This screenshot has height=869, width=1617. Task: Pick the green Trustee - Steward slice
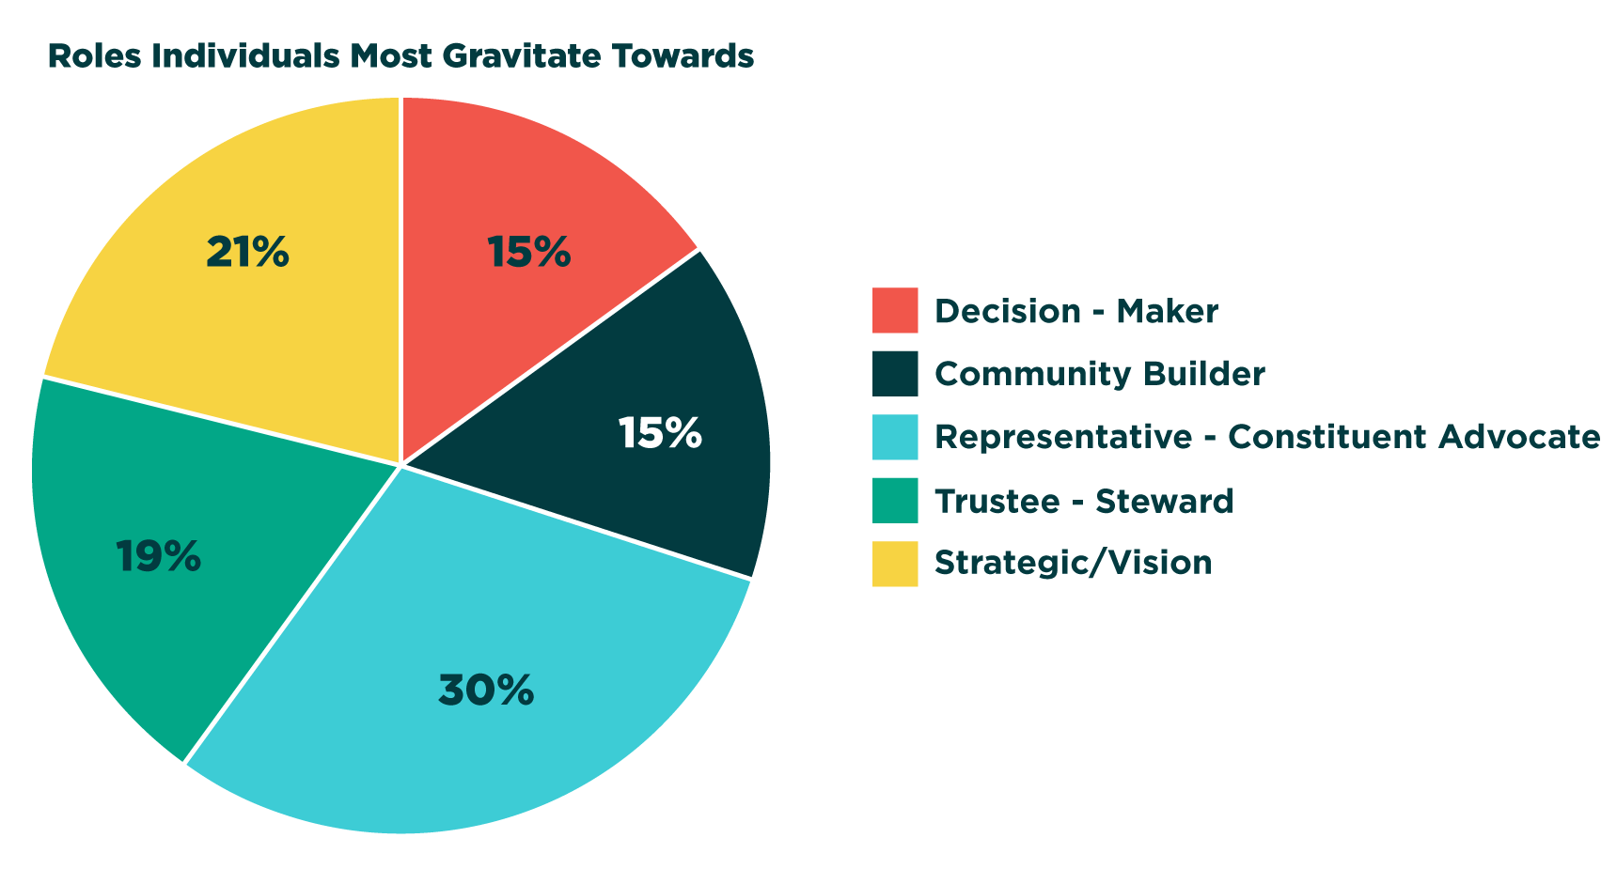tap(160, 554)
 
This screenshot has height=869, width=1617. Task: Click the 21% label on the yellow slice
tap(247, 252)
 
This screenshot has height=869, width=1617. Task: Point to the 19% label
tap(158, 557)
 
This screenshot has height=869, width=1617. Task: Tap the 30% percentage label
tap(486, 691)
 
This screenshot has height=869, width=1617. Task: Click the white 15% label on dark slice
tap(660, 433)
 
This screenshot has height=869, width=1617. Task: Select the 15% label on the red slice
tap(529, 252)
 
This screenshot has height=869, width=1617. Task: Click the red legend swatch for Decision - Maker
tap(895, 310)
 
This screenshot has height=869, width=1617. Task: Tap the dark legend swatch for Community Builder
tap(895, 374)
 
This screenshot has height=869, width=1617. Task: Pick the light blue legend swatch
tap(895, 437)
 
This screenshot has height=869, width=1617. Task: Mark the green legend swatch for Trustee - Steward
tap(895, 501)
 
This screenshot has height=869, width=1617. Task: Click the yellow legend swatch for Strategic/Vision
tap(895, 563)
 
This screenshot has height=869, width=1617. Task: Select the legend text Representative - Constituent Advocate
tap(1267, 437)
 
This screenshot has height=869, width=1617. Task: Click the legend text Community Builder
tap(1100, 374)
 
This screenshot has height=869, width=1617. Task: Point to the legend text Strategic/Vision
tap(1074, 563)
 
